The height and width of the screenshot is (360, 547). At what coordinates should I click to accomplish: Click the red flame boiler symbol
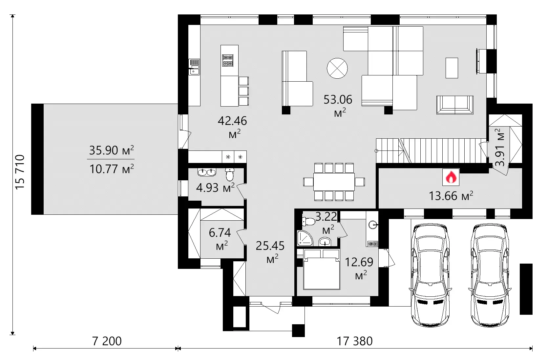click(451, 177)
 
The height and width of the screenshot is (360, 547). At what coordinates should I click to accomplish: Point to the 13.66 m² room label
click(451, 196)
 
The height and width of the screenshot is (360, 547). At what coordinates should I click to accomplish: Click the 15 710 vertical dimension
click(20, 172)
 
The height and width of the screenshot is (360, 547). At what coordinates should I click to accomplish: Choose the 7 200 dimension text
click(107, 341)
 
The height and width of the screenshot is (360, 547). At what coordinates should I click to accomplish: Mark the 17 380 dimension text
click(355, 341)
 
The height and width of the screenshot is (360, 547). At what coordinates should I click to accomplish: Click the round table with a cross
click(337, 68)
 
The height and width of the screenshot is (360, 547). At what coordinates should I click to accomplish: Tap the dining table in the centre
click(334, 182)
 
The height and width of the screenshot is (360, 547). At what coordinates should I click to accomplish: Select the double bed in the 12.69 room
click(321, 270)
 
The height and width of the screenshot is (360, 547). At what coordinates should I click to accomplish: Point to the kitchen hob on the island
click(227, 61)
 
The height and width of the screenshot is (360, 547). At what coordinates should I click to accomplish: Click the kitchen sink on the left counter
click(194, 67)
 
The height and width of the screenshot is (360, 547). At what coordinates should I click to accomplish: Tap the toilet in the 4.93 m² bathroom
click(230, 174)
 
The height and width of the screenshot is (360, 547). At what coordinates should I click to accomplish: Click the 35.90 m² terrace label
click(111, 150)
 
